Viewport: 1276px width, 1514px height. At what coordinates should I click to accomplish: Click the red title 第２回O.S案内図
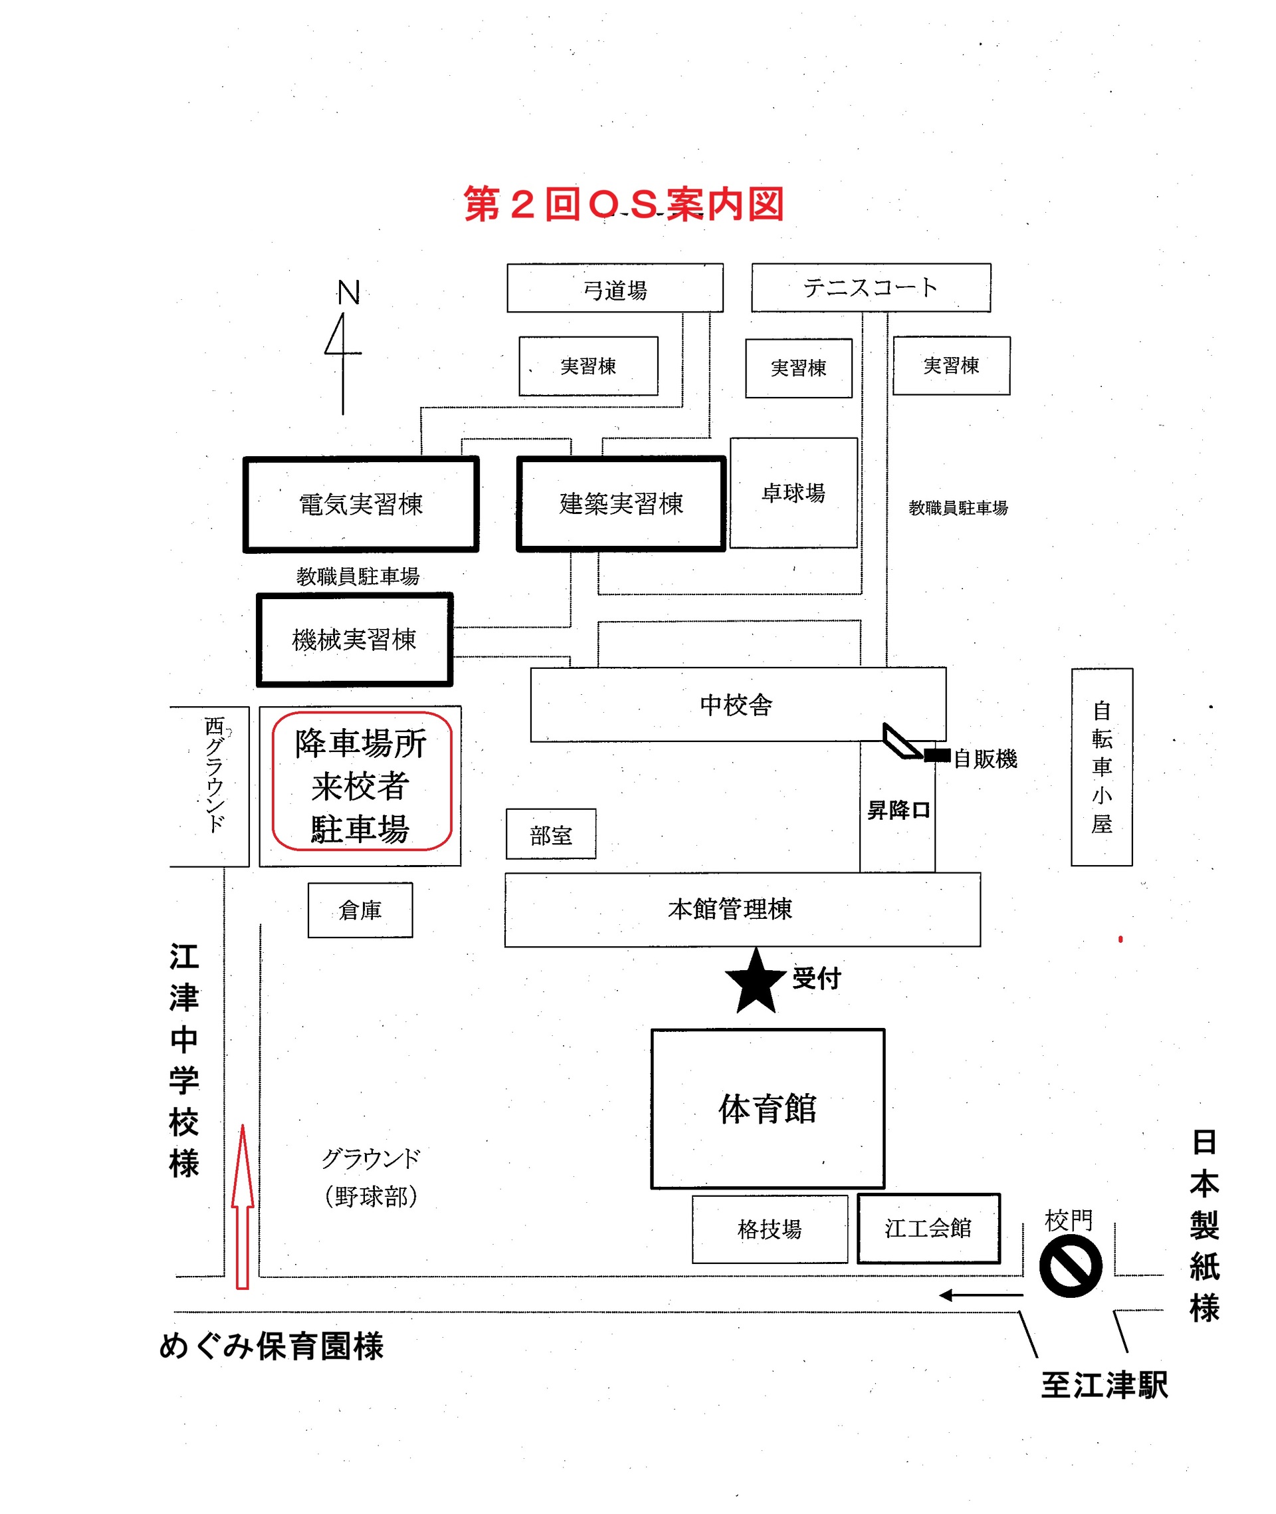pyautogui.click(x=624, y=204)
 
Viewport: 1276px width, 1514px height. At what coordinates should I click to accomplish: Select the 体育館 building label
pyautogui.click(x=768, y=1108)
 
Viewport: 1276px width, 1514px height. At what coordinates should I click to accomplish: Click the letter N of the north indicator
pyautogui.click(x=349, y=293)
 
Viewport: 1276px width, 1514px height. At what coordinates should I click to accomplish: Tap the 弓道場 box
pyautogui.click(x=615, y=288)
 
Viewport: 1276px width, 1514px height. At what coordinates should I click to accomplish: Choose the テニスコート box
pyautogui.click(x=871, y=287)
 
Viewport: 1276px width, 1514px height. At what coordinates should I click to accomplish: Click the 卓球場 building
pyautogui.click(x=794, y=493)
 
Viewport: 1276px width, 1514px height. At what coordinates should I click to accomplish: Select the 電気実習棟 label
pyautogui.click(x=361, y=505)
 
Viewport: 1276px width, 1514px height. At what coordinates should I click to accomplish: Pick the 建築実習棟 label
pyautogui.click(x=621, y=504)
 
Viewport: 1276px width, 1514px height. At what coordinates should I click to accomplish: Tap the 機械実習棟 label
pyautogui.click(x=354, y=640)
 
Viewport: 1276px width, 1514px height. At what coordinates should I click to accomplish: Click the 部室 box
pyautogui.click(x=551, y=834)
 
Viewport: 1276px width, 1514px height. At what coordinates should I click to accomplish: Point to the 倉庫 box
pyautogui.click(x=360, y=910)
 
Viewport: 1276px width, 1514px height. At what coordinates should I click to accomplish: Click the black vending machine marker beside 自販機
pyautogui.click(x=938, y=755)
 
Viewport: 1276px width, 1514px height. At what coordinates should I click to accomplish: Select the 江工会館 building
pyautogui.click(x=929, y=1228)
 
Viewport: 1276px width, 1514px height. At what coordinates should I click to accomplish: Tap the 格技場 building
pyautogui.click(x=770, y=1229)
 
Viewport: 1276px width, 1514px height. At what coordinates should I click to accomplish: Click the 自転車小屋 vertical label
pyautogui.click(x=1102, y=767)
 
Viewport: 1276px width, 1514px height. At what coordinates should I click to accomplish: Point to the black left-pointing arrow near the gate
pyautogui.click(x=981, y=1295)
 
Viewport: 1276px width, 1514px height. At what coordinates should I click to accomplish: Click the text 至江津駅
pyautogui.click(x=1105, y=1385)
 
